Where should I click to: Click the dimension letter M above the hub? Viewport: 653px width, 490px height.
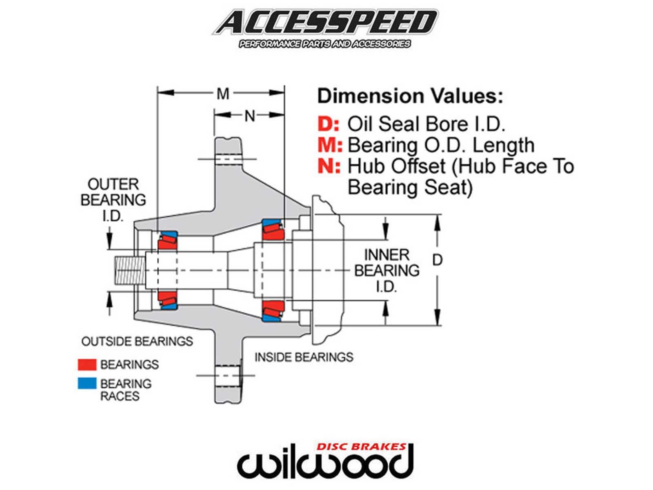(223, 94)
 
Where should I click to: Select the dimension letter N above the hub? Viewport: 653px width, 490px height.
(249, 116)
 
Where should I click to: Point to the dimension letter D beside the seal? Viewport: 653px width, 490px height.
(437, 260)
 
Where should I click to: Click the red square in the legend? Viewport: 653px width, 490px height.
(87, 364)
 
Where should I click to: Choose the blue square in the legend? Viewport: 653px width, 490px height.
(87, 383)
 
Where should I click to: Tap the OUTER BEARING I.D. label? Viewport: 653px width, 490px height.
(113, 200)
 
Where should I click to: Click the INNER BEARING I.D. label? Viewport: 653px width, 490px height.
(386, 270)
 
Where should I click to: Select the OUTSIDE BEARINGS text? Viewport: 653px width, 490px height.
(137, 341)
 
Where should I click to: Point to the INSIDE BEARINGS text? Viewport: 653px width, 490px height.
(304, 357)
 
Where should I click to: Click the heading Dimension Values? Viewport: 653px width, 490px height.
(410, 96)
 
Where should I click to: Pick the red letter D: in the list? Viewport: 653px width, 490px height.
(328, 124)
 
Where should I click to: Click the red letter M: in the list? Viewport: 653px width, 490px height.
(330, 145)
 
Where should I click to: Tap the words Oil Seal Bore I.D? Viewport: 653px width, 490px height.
(426, 124)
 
